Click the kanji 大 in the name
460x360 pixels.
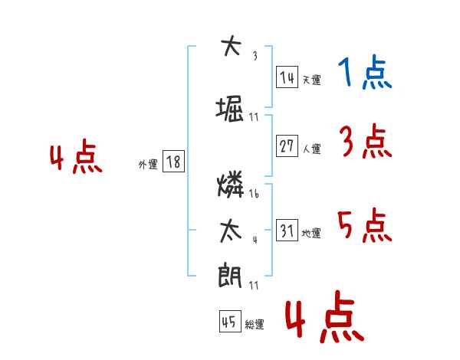(x=231, y=46)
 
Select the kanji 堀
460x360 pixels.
(x=230, y=110)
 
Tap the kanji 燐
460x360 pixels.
(x=231, y=184)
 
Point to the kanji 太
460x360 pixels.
(x=231, y=232)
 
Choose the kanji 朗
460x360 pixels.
(x=230, y=275)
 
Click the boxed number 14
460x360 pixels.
(x=287, y=77)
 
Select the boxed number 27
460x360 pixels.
(x=287, y=146)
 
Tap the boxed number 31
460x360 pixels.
(x=287, y=230)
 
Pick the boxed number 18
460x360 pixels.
(x=173, y=161)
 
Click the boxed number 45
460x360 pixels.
(x=230, y=321)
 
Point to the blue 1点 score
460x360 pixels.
(x=365, y=72)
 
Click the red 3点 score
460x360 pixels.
(x=366, y=141)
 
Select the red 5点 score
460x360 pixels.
(x=365, y=225)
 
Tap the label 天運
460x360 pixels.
(x=312, y=80)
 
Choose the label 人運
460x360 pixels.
(x=312, y=149)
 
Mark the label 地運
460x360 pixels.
(x=311, y=233)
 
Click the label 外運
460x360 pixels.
(x=148, y=164)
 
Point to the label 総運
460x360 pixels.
(x=255, y=324)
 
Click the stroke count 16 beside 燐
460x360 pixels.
(x=254, y=193)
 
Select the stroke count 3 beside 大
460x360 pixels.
(x=255, y=56)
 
